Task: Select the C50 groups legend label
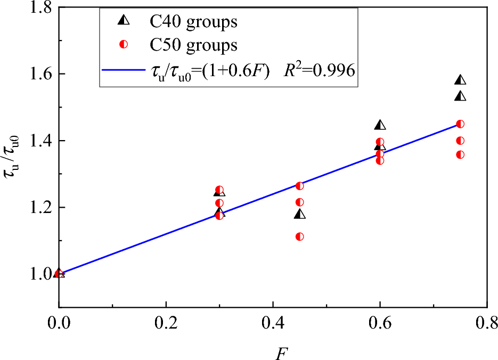(193, 45)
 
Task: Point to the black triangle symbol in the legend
(124, 21)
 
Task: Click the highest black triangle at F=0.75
(460, 80)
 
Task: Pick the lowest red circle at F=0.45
(299, 236)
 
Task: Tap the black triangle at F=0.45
(300, 214)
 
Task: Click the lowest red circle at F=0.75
(460, 154)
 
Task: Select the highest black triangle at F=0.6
(380, 125)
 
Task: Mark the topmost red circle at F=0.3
(219, 190)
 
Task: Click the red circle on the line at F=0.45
(299, 186)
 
